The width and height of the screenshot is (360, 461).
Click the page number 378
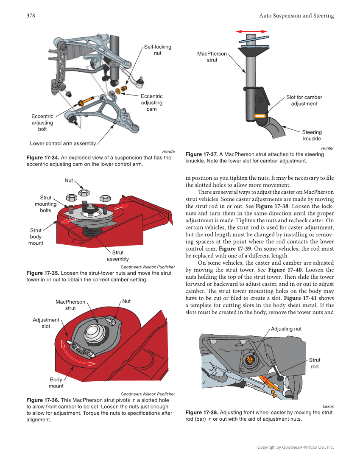(31, 16)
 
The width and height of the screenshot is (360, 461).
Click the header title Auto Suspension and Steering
(296, 16)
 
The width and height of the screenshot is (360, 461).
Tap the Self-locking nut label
(157, 50)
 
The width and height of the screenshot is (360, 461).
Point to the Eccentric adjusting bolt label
(42, 123)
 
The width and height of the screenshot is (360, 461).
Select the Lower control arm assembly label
(63, 143)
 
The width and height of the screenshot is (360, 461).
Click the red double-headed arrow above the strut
(251, 31)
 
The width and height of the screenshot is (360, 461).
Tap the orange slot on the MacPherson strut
(260, 116)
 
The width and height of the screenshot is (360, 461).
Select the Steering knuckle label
(312, 135)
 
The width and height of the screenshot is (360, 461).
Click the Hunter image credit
(327, 148)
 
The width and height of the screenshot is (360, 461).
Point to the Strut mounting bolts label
(45, 204)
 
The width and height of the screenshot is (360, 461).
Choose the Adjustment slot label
(46, 323)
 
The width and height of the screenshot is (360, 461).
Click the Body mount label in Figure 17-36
(56, 383)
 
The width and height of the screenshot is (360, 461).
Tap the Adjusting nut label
(286, 329)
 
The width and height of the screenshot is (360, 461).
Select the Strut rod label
(315, 363)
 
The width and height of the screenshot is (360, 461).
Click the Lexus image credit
(328, 406)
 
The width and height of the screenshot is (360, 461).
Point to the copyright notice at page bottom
(296, 447)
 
